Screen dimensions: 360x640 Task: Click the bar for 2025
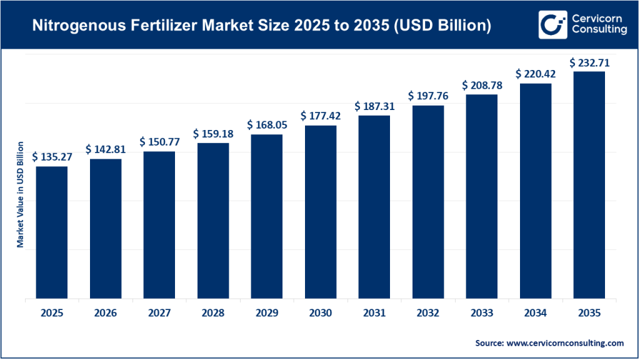[52, 232]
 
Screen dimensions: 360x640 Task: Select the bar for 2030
[321, 212]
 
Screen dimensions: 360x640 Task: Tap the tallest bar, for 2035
[589, 185]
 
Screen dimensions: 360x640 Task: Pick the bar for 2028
[213, 221]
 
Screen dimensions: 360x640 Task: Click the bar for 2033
[482, 196]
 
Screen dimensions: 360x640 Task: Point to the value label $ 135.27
[52, 157]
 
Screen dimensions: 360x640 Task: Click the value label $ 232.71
[589, 62]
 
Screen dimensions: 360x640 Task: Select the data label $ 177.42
[321, 116]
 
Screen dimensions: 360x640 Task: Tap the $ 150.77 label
[159, 142]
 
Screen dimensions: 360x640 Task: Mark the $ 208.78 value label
[482, 85]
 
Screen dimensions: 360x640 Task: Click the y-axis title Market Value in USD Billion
[21, 194]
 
